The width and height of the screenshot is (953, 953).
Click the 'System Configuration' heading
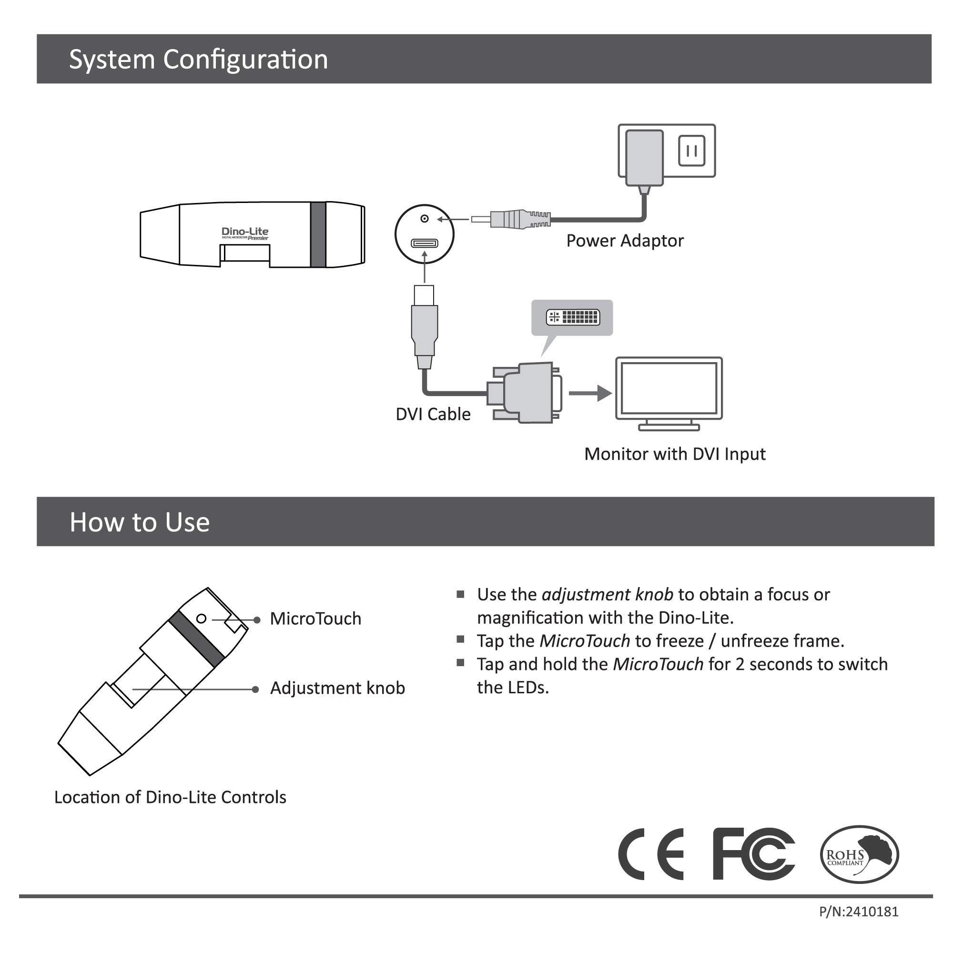click(198, 59)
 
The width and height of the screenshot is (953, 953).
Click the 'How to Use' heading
click(140, 522)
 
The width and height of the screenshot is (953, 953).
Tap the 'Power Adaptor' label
click(625, 241)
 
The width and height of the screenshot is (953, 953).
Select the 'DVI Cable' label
click(433, 414)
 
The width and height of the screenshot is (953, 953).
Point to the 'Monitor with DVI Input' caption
click(674, 454)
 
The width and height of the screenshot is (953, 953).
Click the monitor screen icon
click(669, 388)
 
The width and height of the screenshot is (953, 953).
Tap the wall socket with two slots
click(691, 151)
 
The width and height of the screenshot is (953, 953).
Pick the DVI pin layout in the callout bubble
click(573, 317)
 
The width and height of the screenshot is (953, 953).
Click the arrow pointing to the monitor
click(590, 393)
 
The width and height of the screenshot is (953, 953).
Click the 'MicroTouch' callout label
click(315, 618)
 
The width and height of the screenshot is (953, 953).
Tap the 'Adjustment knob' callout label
click(337, 688)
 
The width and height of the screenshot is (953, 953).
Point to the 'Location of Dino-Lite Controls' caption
click(170, 797)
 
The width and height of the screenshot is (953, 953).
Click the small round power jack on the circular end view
click(424, 219)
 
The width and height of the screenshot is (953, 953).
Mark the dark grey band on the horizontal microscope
click(318, 234)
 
